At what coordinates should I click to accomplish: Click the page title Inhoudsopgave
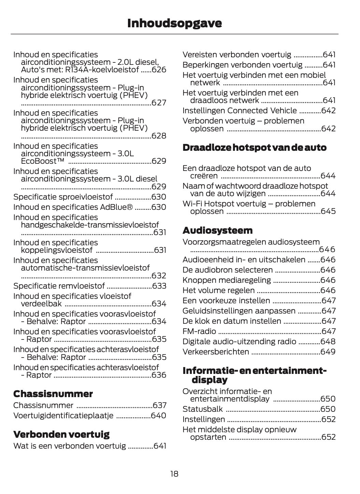pos(174,23)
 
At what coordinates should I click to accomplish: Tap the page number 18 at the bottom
pos(174,474)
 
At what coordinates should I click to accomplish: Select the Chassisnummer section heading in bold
pos(53,394)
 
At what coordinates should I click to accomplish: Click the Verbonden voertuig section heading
pos(61,434)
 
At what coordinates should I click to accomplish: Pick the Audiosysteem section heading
pos(217,230)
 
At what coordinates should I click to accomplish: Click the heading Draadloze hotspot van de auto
pos(254,147)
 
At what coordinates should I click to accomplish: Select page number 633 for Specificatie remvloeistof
pos(159,286)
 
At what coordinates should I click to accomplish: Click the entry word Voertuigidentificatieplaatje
pos(63,416)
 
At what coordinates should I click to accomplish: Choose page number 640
pos(159,416)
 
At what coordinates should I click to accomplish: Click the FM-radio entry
pos(199,331)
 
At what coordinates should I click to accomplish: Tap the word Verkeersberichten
pos(216,352)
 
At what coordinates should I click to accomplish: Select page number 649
pos(328,352)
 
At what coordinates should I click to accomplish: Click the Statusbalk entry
pos(202,409)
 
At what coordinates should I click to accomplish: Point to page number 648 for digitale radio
pos(328,342)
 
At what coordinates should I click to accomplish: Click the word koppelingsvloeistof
pos(57,250)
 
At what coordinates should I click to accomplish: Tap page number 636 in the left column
pos(159,375)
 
